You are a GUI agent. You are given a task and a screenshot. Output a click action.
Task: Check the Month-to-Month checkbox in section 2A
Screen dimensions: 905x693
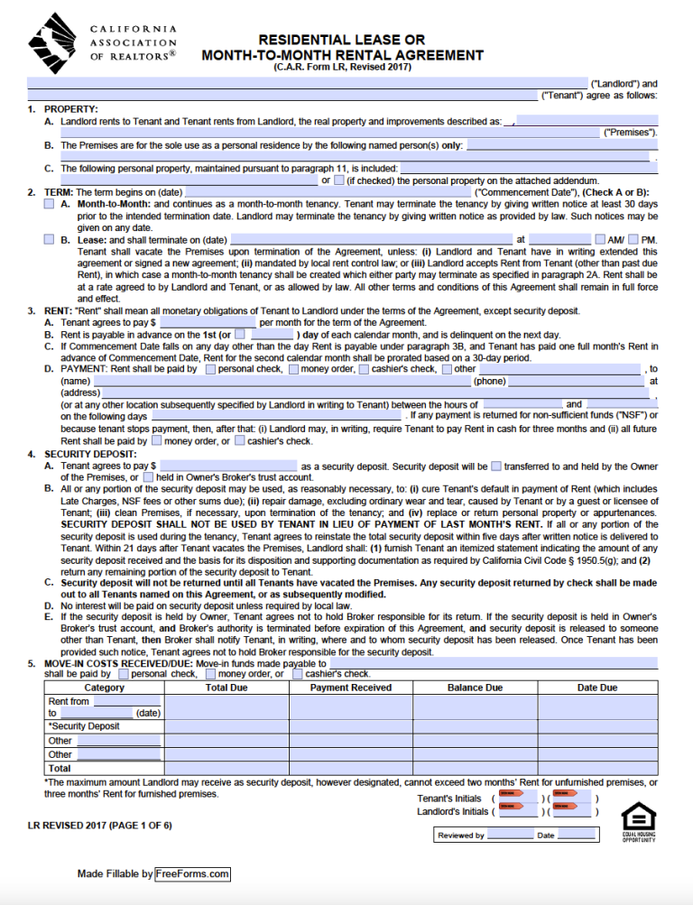(x=49, y=205)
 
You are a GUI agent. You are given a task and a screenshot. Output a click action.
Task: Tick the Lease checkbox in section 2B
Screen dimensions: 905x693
(x=49, y=239)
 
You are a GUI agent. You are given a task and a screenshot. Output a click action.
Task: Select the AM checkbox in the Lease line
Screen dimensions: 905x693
(x=601, y=239)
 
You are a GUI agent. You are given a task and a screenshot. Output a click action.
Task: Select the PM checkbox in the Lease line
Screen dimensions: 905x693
(x=633, y=239)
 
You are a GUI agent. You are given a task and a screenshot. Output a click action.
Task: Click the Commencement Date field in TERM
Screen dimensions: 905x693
(x=327, y=192)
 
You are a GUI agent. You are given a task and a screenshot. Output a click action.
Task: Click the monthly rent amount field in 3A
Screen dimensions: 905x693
(x=208, y=321)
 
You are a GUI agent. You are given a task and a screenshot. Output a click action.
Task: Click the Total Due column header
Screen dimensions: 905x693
(x=226, y=688)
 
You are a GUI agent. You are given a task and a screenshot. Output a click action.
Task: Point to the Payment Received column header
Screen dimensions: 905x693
(x=351, y=688)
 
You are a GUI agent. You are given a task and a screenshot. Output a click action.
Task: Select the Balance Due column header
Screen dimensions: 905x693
(x=475, y=688)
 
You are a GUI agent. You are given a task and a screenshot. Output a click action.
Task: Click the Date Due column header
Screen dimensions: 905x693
(x=597, y=688)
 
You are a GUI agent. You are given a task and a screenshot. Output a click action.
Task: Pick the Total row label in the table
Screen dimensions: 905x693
(x=60, y=768)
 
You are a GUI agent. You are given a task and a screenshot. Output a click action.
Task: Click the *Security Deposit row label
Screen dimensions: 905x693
(x=84, y=726)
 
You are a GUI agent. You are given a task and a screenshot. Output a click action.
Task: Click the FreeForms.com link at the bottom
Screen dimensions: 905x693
(x=192, y=873)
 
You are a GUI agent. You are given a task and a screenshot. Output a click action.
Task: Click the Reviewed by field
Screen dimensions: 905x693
(x=511, y=836)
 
